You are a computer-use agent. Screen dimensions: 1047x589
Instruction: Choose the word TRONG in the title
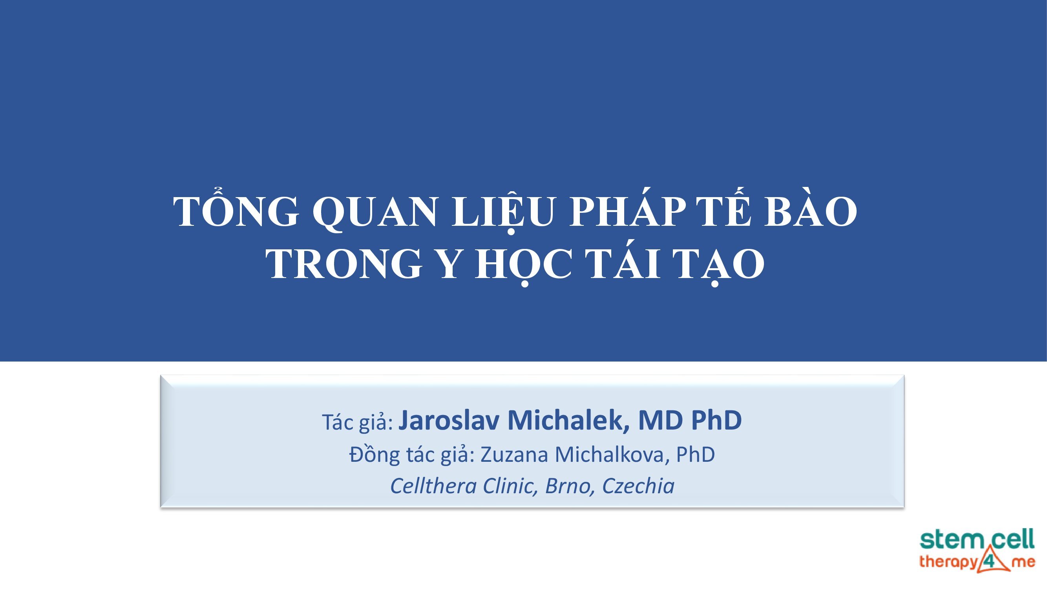[344, 264]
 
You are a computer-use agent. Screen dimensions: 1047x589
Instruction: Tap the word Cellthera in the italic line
[433, 486]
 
